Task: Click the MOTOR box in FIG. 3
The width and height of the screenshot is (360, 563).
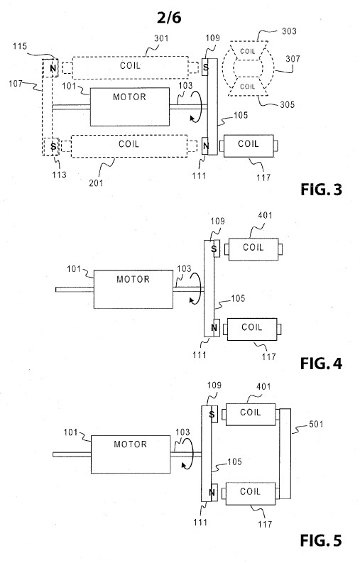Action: tap(130, 106)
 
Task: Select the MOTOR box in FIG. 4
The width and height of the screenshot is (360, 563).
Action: tap(133, 289)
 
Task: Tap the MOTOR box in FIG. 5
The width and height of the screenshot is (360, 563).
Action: tap(131, 454)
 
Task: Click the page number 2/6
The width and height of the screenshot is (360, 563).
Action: tap(169, 17)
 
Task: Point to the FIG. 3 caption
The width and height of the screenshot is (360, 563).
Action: tap(321, 190)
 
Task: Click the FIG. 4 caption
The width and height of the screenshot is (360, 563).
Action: tap(321, 364)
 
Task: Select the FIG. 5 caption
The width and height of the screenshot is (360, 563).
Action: tap(321, 540)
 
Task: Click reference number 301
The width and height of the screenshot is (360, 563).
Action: tap(161, 38)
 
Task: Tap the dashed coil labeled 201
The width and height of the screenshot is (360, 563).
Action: tap(129, 146)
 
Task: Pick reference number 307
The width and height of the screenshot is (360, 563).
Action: tap(293, 58)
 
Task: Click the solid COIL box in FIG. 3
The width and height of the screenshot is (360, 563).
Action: tap(249, 146)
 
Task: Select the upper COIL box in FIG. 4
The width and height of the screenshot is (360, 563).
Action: tap(253, 248)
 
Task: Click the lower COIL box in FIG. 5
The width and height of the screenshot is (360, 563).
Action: tap(251, 493)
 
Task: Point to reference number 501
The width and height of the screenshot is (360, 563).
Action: tap(316, 424)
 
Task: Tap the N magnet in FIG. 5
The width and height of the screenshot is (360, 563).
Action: tap(212, 492)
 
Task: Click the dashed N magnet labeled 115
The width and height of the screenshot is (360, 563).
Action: tap(52, 68)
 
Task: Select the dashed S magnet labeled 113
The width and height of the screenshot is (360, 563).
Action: tap(51, 146)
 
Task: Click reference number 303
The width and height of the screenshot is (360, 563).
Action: tap(289, 31)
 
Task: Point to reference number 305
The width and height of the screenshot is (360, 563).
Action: tap(287, 104)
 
